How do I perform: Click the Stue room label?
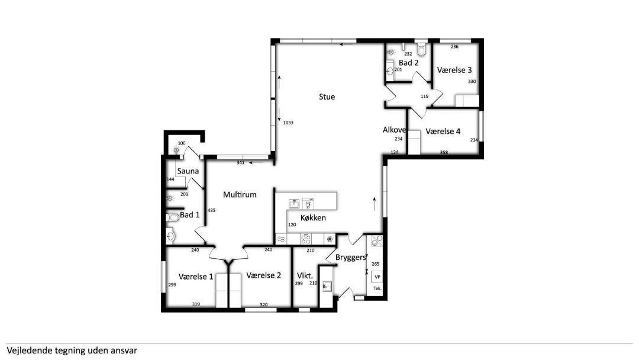pos(327,97)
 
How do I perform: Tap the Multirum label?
pos(240,194)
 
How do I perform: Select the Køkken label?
pos(313,218)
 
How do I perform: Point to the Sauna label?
pos(188,171)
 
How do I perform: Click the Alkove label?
pos(394,130)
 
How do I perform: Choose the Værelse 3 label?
pos(454,70)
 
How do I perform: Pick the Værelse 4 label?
pos(443,131)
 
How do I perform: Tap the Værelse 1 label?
pos(196,277)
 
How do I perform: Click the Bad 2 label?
pos(408,63)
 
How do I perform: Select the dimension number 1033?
pos(288,123)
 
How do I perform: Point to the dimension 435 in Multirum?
pos(211,210)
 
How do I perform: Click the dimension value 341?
pos(240,163)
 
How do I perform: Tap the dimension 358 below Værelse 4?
pos(444,153)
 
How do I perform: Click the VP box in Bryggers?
pos(377,277)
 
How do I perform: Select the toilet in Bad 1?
pos(173,217)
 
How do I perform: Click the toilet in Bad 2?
pos(421,50)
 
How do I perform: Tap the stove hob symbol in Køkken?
pos(306,239)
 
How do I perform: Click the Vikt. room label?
pos(305,275)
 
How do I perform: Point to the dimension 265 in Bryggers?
pos(375,264)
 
